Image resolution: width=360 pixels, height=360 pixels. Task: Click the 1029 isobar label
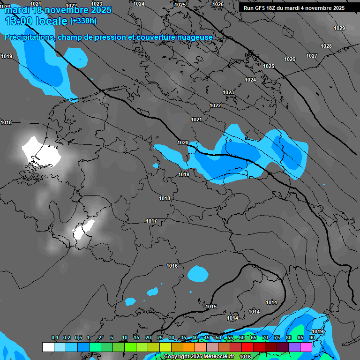pyautogui.click(x=339, y=28)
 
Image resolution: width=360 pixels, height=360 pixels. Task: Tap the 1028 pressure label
pyautogui.click(x=326, y=46)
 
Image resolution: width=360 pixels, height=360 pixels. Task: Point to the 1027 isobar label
pyautogui.click(x=312, y=56)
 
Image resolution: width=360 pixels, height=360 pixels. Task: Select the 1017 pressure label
pyautogui.click(x=151, y=221)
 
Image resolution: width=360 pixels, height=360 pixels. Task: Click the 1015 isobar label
pyautogui.click(x=211, y=307)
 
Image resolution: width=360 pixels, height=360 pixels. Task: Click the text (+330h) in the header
pyautogui.click(x=83, y=21)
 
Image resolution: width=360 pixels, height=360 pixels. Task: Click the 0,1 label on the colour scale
pyautogui.click(x=54, y=338)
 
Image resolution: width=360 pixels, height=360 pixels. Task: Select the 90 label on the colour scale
pyautogui.click(x=312, y=338)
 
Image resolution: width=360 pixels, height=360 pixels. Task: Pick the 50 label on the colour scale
pyautogui.click(x=218, y=338)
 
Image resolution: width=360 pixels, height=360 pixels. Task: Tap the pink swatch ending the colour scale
pyautogui.click(x=306, y=347)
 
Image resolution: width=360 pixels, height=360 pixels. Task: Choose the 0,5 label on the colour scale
pyautogui.click(x=78, y=338)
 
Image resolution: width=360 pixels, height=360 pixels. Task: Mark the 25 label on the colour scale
pyautogui.click(x=160, y=338)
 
